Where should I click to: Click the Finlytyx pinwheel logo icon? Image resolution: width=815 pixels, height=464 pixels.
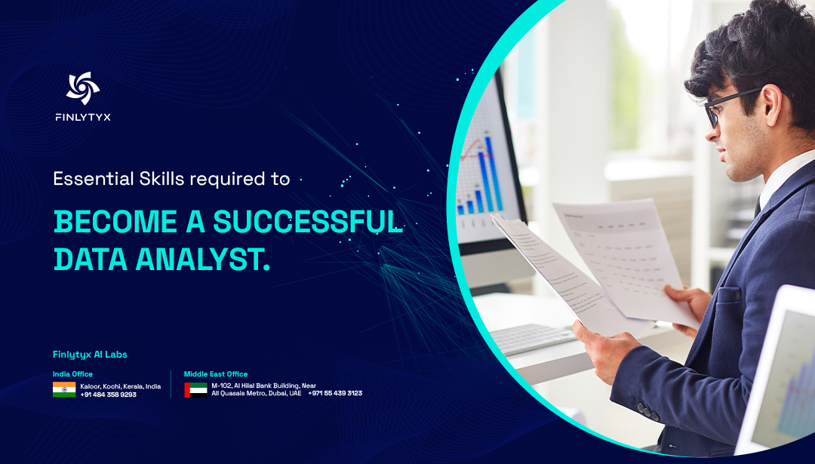click(x=82, y=88)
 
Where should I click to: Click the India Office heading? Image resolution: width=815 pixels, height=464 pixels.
click(x=72, y=374)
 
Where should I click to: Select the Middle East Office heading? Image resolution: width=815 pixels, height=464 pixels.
click(x=216, y=374)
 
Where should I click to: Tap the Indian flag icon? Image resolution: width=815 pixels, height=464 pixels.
click(x=63, y=389)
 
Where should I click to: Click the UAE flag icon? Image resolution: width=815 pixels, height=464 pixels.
click(x=195, y=389)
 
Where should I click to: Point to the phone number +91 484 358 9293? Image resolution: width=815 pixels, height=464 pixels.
click(x=108, y=395)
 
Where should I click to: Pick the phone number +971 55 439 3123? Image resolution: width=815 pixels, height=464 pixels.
click(x=335, y=393)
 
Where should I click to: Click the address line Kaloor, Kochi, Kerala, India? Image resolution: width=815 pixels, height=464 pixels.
click(x=120, y=386)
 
